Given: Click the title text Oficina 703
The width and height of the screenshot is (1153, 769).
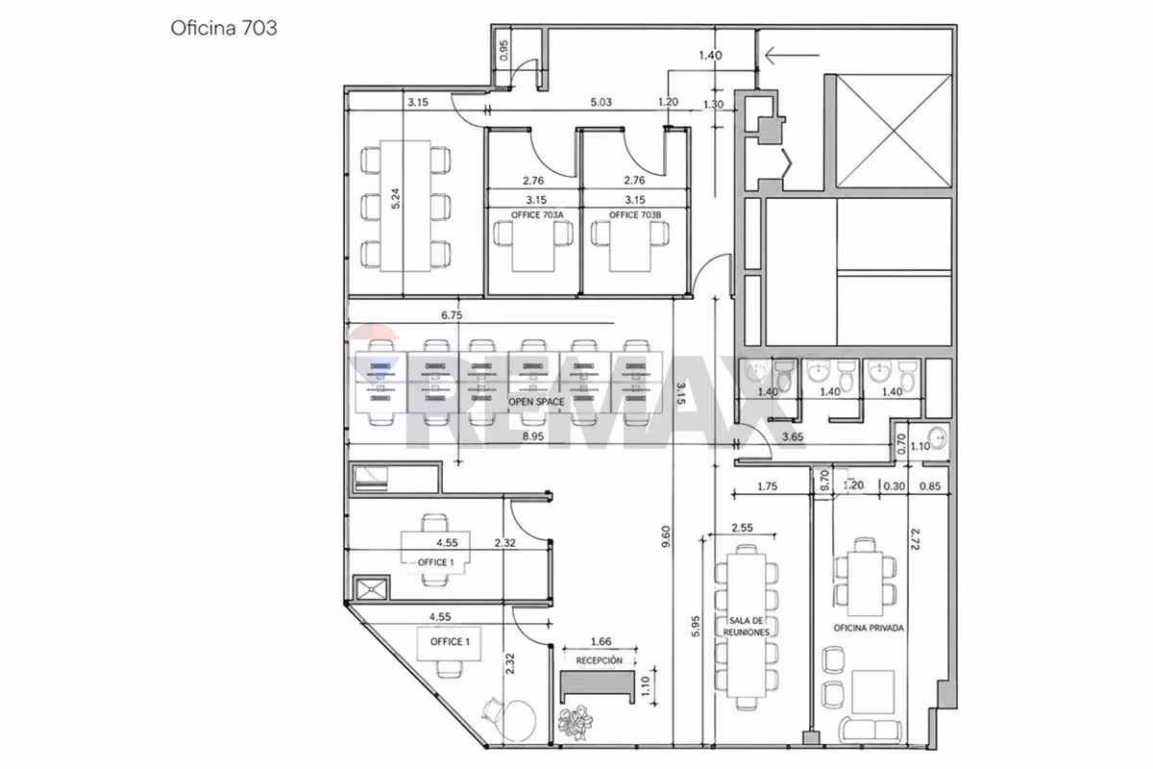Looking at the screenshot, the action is click(224, 28).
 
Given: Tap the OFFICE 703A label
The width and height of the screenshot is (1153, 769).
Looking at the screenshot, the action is click(537, 214).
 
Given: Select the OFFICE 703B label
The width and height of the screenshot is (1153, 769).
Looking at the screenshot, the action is click(635, 214).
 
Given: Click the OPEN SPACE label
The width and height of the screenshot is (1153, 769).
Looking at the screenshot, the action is click(536, 402).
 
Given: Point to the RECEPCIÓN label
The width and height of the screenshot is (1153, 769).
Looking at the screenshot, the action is click(600, 660).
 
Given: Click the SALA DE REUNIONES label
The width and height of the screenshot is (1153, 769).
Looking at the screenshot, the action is click(746, 627).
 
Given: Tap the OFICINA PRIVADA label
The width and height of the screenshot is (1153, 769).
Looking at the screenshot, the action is click(869, 628).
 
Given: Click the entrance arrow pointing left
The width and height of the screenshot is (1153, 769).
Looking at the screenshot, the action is click(792, 55).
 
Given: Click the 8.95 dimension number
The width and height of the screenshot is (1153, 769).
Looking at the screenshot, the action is click(533, 436).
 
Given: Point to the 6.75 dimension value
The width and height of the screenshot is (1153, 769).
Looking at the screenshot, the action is click(452, 315).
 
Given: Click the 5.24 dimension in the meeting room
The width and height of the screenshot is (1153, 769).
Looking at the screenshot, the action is click(395, 198).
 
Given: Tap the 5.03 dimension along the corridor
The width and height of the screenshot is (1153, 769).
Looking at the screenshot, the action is click(601, 102).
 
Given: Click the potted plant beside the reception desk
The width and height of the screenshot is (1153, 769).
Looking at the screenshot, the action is click(576, 724).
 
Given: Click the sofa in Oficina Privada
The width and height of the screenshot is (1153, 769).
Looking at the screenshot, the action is click(871, 729).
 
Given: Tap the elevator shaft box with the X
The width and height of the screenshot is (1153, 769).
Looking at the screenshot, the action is click(895, 131).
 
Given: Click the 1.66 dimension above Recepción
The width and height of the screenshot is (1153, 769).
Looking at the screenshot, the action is click(601, 641).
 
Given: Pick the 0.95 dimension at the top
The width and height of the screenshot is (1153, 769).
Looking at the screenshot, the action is click(503, 50).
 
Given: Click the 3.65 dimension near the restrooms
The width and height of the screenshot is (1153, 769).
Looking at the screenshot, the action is click(793, 436).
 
